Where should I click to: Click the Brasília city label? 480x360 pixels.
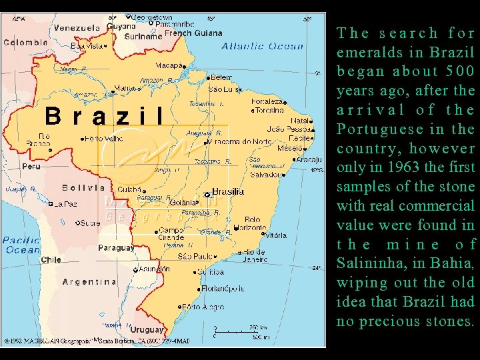228,191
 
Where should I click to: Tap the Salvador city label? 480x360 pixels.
264,175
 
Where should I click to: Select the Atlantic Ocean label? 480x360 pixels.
262,47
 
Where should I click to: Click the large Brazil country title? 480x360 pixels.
104,117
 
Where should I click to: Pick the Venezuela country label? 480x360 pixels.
77,28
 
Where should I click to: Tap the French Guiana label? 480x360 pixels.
193,33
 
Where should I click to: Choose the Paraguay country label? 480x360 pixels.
116,247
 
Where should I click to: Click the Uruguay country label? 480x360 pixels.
147,329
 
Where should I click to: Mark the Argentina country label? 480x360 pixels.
89,282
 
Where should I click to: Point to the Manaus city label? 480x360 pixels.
125,87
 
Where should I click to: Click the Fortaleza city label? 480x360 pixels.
267,101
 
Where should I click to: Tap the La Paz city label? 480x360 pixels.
65,204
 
